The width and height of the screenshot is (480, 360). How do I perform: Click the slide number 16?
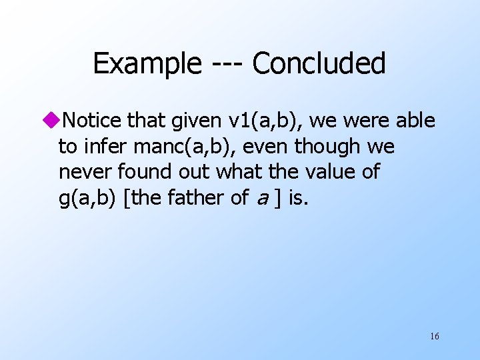coord(434,336)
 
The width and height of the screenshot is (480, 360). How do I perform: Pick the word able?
coord(415,121)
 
